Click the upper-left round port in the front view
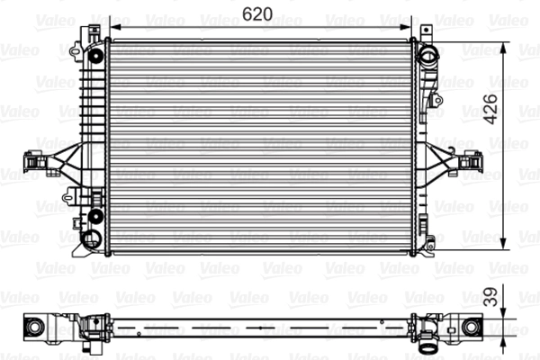94,57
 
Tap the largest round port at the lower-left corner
92,238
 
